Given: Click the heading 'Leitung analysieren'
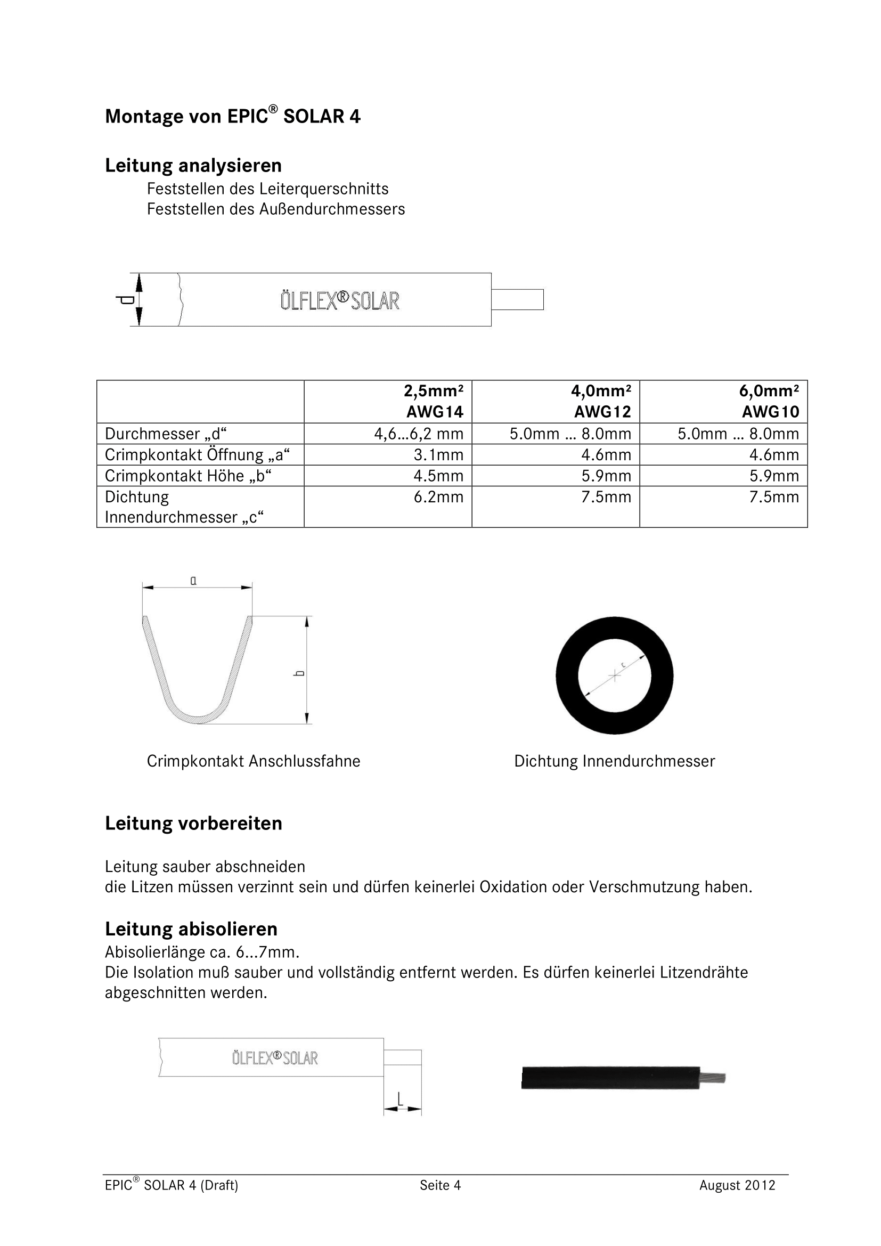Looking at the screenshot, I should coord(193,165).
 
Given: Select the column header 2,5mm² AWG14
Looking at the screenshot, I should coord(434,401).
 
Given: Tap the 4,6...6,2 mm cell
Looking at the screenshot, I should coord(418,434).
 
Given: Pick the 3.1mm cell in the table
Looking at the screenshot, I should coord(438,455).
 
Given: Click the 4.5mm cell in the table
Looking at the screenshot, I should coord(438,476).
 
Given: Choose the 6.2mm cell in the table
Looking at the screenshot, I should coord(438,497).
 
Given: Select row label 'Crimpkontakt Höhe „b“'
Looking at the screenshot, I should coord(188,476).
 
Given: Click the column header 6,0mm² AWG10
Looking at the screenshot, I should coord(770,401).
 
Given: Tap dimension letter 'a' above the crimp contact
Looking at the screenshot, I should coord(193,581).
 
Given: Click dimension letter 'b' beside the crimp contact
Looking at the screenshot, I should coord(299,673).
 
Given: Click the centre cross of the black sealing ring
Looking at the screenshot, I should coord(614,675).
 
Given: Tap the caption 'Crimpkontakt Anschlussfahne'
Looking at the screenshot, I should coord(254,761).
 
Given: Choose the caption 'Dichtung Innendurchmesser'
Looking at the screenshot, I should coord(614,761).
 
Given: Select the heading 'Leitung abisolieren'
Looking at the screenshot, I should coord(191,929).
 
